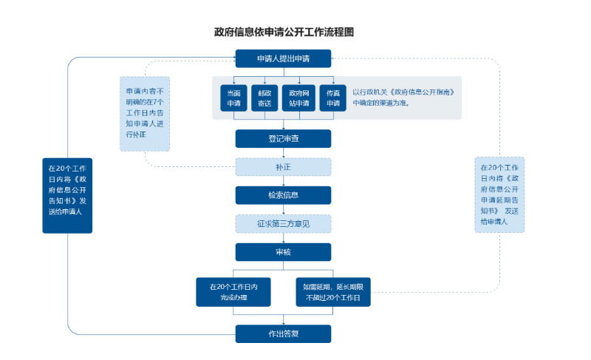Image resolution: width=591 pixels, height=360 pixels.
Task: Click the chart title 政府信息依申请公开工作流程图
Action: pos(284,33)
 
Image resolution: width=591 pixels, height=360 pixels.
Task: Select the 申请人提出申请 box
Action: pos(283,58)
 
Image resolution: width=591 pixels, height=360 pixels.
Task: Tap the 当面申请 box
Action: pos(233,98)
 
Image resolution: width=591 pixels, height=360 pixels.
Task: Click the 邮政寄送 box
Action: pos(264,98)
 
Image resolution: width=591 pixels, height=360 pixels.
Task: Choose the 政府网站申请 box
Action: pos(299,98)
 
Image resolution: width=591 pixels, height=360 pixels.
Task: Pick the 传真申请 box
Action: pos(332,98)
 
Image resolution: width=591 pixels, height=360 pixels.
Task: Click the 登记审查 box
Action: pos(283,138)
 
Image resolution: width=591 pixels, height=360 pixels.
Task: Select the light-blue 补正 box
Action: pos(283,167)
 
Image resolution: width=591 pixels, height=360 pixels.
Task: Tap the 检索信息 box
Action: pos(283,195)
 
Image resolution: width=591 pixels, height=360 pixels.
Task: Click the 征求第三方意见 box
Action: pos(283,223)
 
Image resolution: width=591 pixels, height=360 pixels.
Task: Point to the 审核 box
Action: pos(283,252)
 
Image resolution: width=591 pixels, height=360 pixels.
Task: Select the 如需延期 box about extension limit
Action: pos(333,292)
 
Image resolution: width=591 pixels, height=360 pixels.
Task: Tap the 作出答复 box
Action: pos(283,333)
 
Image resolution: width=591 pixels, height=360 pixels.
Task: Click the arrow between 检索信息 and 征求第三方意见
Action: pos(283,209)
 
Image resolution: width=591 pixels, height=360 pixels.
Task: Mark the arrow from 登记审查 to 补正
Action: pos(283,153)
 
